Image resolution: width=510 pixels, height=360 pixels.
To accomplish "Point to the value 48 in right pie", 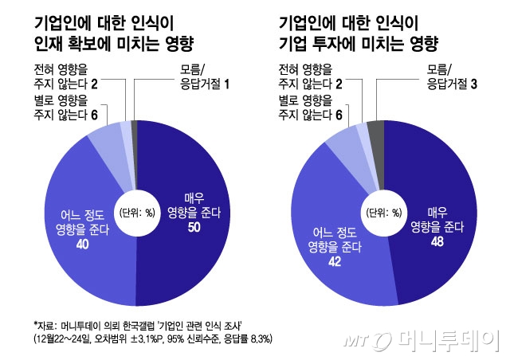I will click(436, 242).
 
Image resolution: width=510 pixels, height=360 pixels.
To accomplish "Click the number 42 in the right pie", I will click(335, 262).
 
